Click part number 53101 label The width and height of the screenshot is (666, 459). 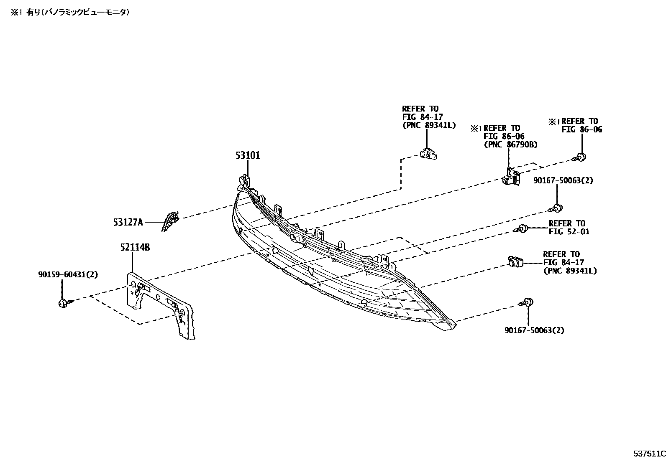247,156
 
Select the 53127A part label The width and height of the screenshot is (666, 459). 128,223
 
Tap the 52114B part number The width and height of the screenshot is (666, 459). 135,248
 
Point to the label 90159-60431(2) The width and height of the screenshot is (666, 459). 67,275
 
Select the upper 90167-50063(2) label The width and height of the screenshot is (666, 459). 563,180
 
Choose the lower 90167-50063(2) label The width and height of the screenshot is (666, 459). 534,330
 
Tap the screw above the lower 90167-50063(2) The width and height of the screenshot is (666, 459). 527,302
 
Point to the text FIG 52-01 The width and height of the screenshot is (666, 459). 569,231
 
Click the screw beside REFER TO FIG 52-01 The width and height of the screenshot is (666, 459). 521,228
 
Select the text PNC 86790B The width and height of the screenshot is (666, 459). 510,145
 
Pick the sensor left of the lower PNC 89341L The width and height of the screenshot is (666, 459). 514,262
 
